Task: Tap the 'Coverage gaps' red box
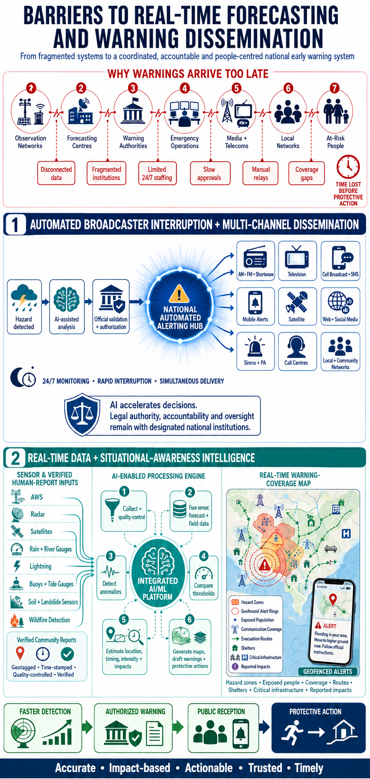[x=307, y=173]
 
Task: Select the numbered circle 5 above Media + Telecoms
[x=236, y=88]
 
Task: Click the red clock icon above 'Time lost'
[x=348, y=167]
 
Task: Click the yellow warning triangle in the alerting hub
[x=179, y=295]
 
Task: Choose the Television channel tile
[x=297, y=261]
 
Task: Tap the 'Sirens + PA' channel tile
[x=255, y=351]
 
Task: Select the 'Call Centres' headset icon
[x=296, y=347]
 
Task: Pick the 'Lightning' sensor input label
[x=41, y=566]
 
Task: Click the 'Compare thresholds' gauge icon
[x=203, y=573]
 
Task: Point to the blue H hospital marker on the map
[x=346, y=533]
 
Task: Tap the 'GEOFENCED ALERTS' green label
[x=328, y=672]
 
